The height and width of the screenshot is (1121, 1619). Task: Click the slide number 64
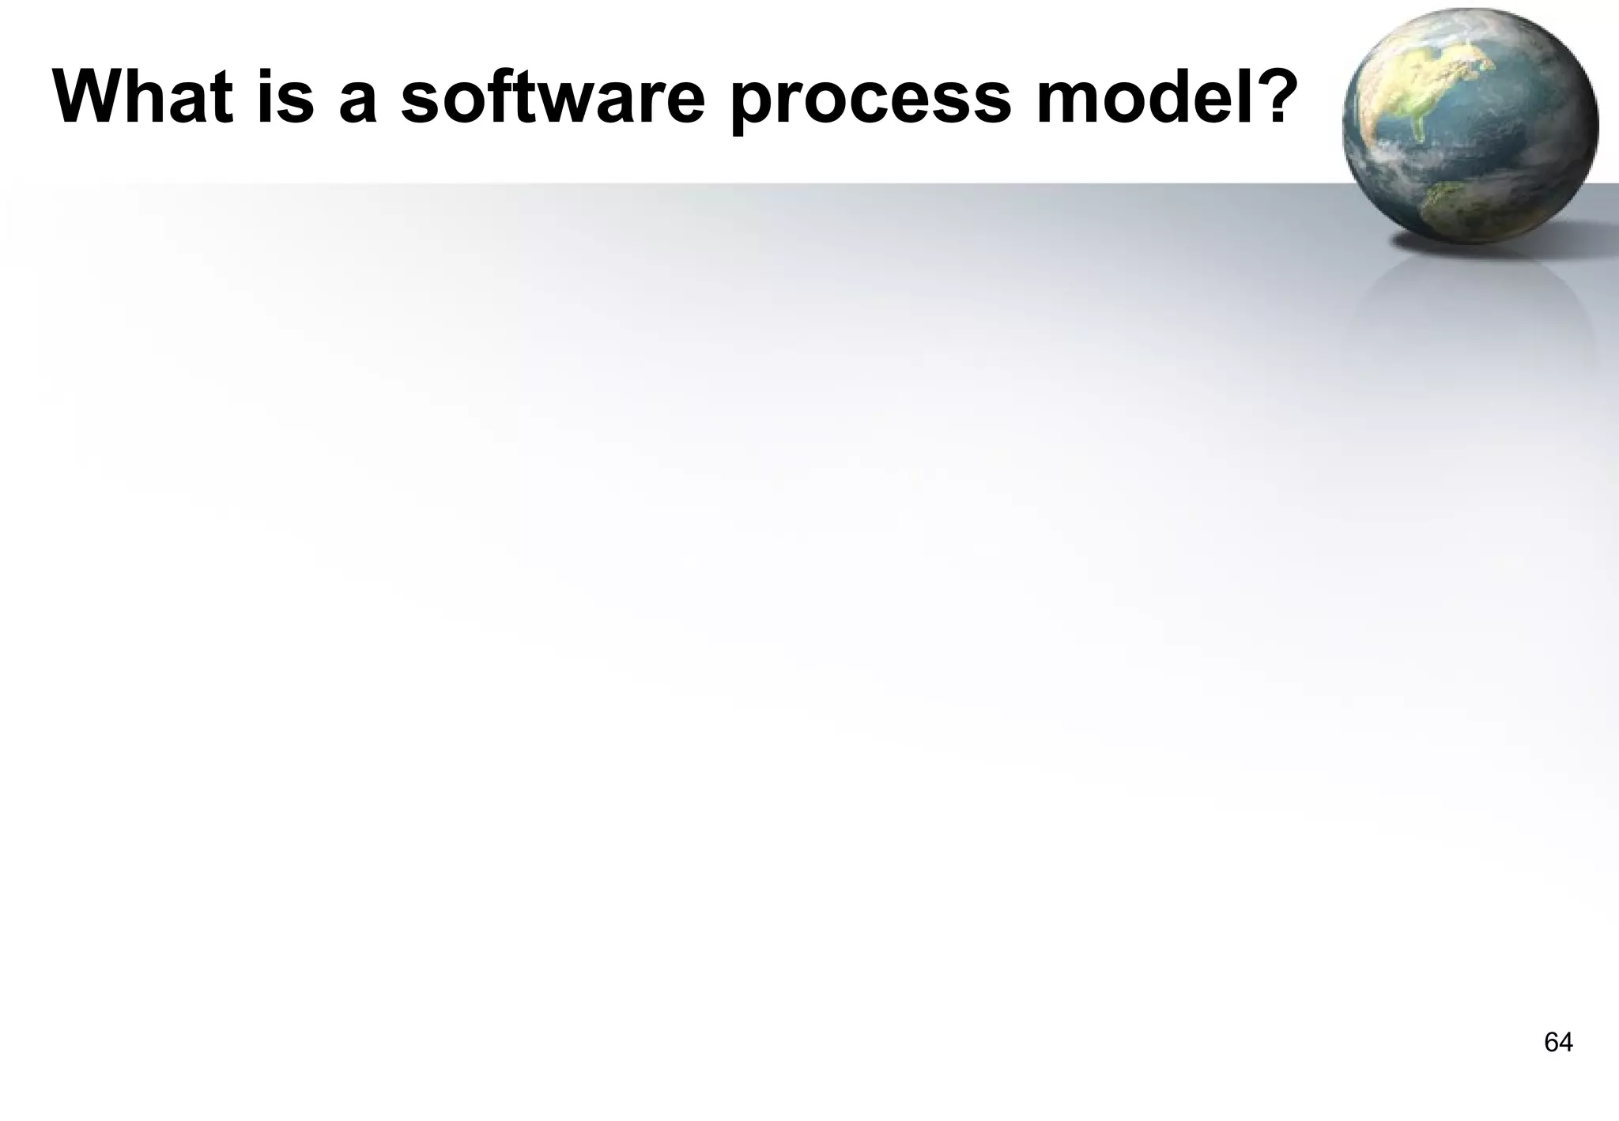(x=1558, y=1043)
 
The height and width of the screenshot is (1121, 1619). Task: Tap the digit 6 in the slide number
(x=1551, y=1043)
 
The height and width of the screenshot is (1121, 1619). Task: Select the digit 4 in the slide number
(x=1566, y=1043)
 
